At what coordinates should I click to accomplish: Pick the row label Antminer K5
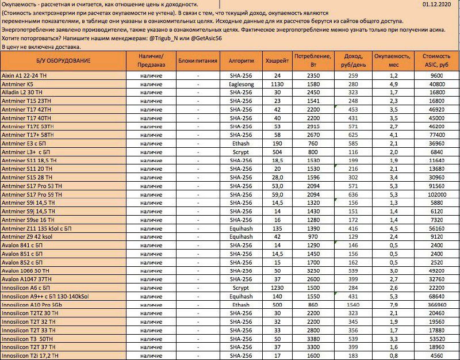(18, 84)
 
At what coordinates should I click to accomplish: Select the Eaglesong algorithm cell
(241, 84)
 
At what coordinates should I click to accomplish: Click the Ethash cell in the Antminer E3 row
(241, 143)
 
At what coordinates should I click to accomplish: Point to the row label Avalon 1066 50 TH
(26, 271)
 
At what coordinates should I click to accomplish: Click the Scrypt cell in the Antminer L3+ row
(241, 152)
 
